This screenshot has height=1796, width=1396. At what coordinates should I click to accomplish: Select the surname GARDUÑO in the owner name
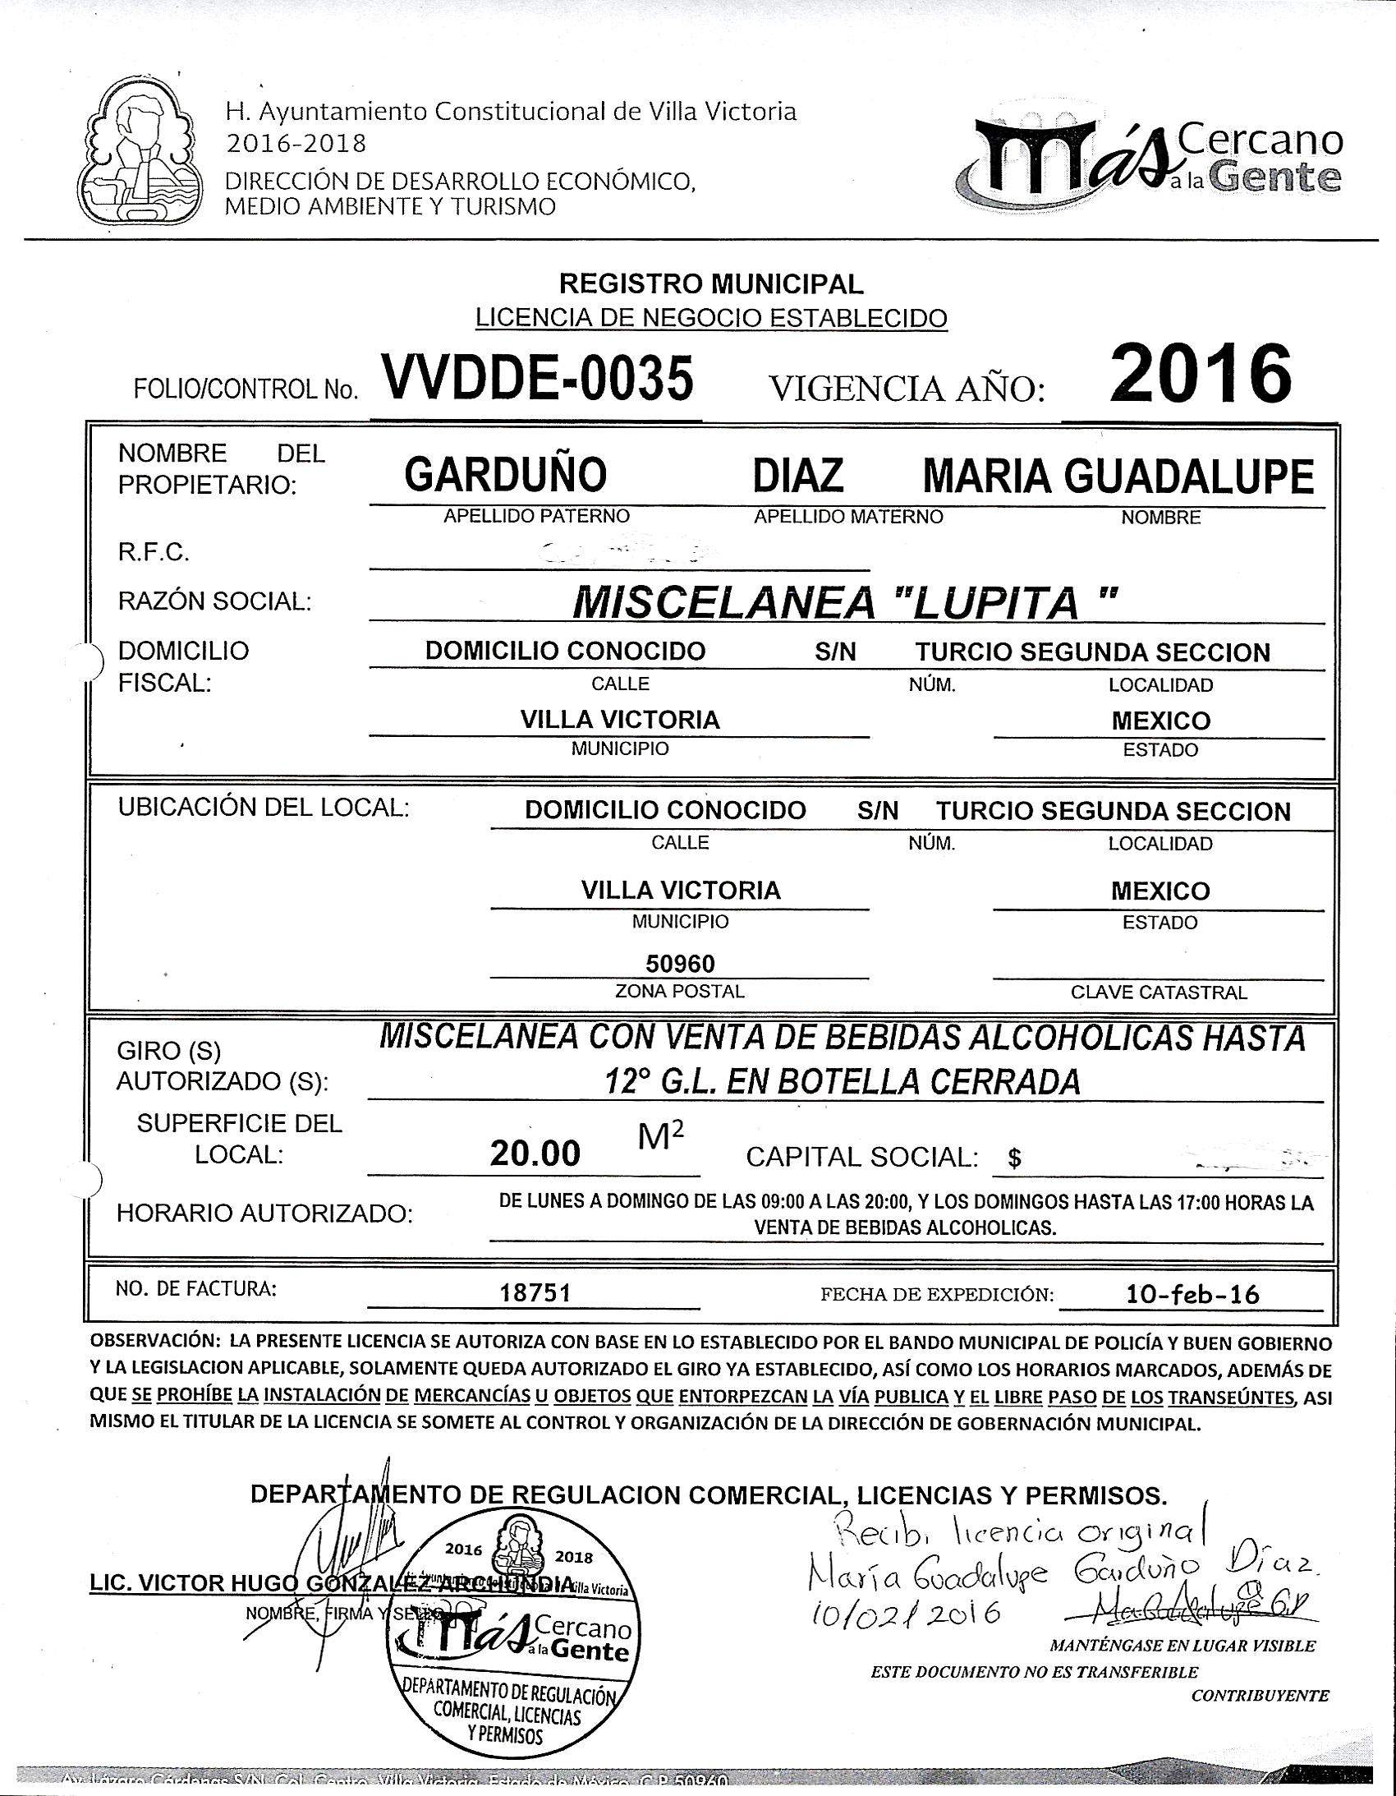[506, 475]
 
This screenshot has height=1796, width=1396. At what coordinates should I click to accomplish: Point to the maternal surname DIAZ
[798, 475]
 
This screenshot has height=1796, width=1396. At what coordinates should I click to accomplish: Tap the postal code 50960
[680, 963]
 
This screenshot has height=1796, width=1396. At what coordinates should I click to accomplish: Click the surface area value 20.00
[535, 1154]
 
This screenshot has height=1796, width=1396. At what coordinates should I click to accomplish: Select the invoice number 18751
[535, 1293]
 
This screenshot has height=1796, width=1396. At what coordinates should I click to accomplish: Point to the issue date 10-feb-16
[1192, 1293]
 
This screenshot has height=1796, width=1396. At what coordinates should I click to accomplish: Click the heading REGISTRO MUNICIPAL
[711, 283]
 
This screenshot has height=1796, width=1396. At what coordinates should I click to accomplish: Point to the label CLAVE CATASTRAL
[1158, 992]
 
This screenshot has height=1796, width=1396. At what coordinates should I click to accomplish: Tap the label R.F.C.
[154, 552]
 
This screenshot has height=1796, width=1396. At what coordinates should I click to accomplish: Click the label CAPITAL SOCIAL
[861, 1157]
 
